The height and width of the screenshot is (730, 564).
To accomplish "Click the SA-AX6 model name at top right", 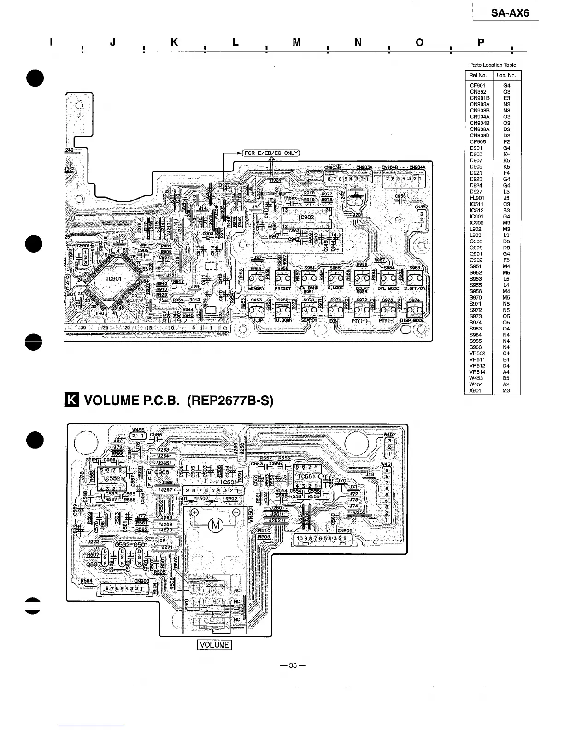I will tap(510, 13).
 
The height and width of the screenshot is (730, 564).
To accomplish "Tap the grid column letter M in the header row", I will tap(297, 42).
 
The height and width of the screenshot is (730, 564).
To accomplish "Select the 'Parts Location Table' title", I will tap(493, 65).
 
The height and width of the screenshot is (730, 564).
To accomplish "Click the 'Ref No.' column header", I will tap(478, 75).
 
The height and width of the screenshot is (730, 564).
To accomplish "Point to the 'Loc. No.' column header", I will tap(506, 75).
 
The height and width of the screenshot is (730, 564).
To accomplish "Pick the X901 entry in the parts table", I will tap(476, 391).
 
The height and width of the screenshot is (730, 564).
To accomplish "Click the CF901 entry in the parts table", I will tap(477, 85).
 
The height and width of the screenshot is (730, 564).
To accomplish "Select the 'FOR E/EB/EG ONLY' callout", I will tap(271, 153).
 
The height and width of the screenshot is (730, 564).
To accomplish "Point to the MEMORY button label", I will tap(256, 288).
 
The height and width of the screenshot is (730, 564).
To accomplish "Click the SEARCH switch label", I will tap(309, 320).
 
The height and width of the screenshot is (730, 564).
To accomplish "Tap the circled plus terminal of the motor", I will tap(194, 512).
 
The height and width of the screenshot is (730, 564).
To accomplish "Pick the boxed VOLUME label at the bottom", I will tap(214, 645).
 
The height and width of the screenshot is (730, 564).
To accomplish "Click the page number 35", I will tap(293, 665).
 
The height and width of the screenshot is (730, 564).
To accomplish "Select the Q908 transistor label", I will tap(162, 472).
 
